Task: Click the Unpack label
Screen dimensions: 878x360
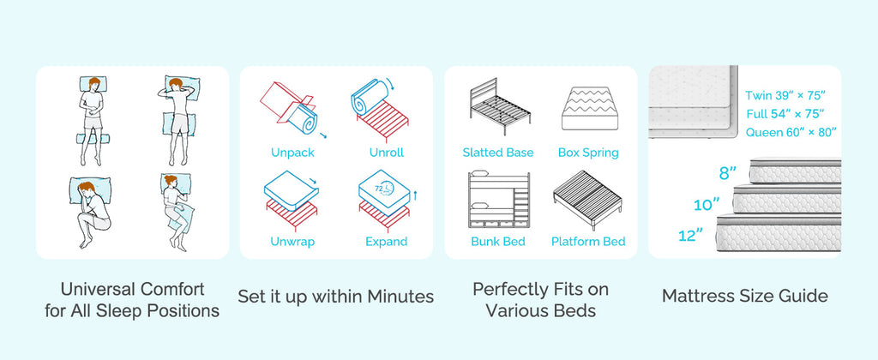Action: click(292, 153)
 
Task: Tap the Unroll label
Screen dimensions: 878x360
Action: click(387, 153)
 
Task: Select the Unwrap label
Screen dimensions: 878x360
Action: click(292, 242)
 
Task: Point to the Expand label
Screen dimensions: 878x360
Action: click(387, 242)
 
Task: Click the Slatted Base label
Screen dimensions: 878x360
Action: click(498, 153)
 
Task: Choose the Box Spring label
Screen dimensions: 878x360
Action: click(588, 153)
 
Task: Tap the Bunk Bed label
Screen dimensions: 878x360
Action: click(498, 242)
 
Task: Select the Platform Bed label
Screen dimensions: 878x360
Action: click(588, 242)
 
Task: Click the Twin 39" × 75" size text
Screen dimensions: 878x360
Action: click(785, 95)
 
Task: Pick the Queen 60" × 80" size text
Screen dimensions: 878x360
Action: click(791, 133)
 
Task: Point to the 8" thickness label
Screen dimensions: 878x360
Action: click(727, 173)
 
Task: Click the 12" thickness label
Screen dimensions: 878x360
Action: click(690, 236)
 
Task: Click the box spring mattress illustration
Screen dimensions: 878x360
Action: click(589, 109)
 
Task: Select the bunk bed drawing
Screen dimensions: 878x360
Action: click(498, 200)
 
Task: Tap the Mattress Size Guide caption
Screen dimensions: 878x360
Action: click(745, 296)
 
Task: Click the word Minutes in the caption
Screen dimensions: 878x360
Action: click(400, 297)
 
